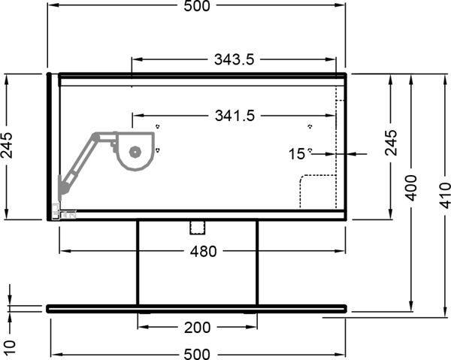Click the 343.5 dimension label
click(x=234, y=59)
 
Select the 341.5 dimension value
click(x=235, y=116)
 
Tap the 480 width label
click(x=203, y=251)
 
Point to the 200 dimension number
click(x=197, y=327)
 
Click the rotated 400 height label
click(x=411, y=188)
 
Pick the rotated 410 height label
click(x=445, y=195)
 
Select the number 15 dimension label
click(x=297, y=154)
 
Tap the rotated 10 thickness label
click(x=10, y=348)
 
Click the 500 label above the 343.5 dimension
click(x=197, y=6)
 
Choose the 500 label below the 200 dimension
click(x=197, y=354)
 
